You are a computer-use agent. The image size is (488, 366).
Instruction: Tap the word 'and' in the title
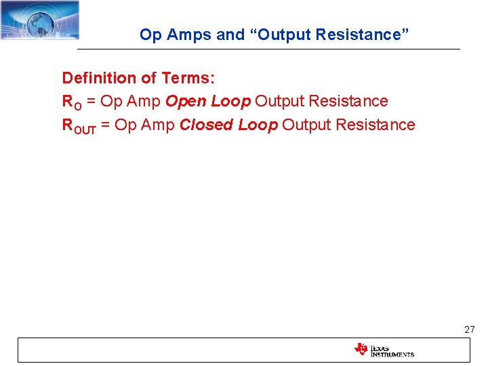pyautogui.click(x=227, y=35)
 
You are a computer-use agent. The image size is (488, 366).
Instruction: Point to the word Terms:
pyautogui.click(x=188, y=78)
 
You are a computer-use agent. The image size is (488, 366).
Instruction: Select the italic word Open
pyautogui.click(x=186, y=102)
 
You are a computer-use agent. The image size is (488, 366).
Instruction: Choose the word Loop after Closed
pyautogui.click(x=258, y=125)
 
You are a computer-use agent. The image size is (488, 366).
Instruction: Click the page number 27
pyautogui.click(x=470, y=329)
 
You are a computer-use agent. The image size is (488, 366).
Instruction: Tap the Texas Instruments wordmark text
pyautogui.click(x=392, y=350)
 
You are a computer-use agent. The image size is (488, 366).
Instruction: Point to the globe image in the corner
pyautogui.click(x=41, y=20)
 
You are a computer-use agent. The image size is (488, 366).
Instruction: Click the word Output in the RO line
pyautogui.click(x=281, y=102)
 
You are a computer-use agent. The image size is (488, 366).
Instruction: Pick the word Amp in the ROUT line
pyautogui.click(x=159, y=125)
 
